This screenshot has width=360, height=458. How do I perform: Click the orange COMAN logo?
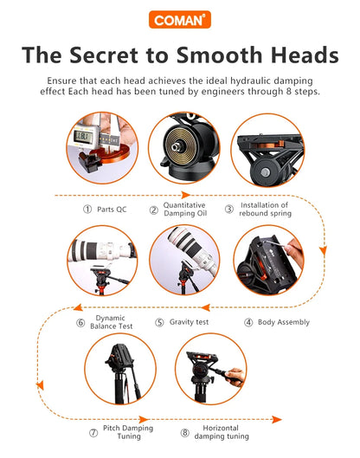[179, 20]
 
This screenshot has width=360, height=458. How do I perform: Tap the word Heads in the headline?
[305, 55]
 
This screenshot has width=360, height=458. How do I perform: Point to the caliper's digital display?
[83, 137]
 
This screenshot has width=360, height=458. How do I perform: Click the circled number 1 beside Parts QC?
[87, 210]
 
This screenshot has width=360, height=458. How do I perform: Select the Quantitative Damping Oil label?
[185, 210]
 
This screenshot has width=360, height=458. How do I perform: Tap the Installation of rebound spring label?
[265, 210]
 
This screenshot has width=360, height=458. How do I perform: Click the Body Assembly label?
[284, 322]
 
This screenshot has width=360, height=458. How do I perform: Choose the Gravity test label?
[189, 322]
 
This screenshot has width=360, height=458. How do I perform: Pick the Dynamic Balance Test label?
[112, 322]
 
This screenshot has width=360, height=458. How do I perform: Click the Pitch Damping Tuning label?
[128, 432]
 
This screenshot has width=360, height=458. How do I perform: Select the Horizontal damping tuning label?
[222, 432]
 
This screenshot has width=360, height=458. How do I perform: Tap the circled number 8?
[184, 433]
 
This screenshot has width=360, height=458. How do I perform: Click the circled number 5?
[159, 322]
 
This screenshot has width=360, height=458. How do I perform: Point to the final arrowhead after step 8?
[277, 420]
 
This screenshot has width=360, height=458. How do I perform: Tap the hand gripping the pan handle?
[235, 377]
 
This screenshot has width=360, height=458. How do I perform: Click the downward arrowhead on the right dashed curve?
[323, 250]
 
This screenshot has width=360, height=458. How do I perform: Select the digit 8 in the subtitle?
[288, 92]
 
